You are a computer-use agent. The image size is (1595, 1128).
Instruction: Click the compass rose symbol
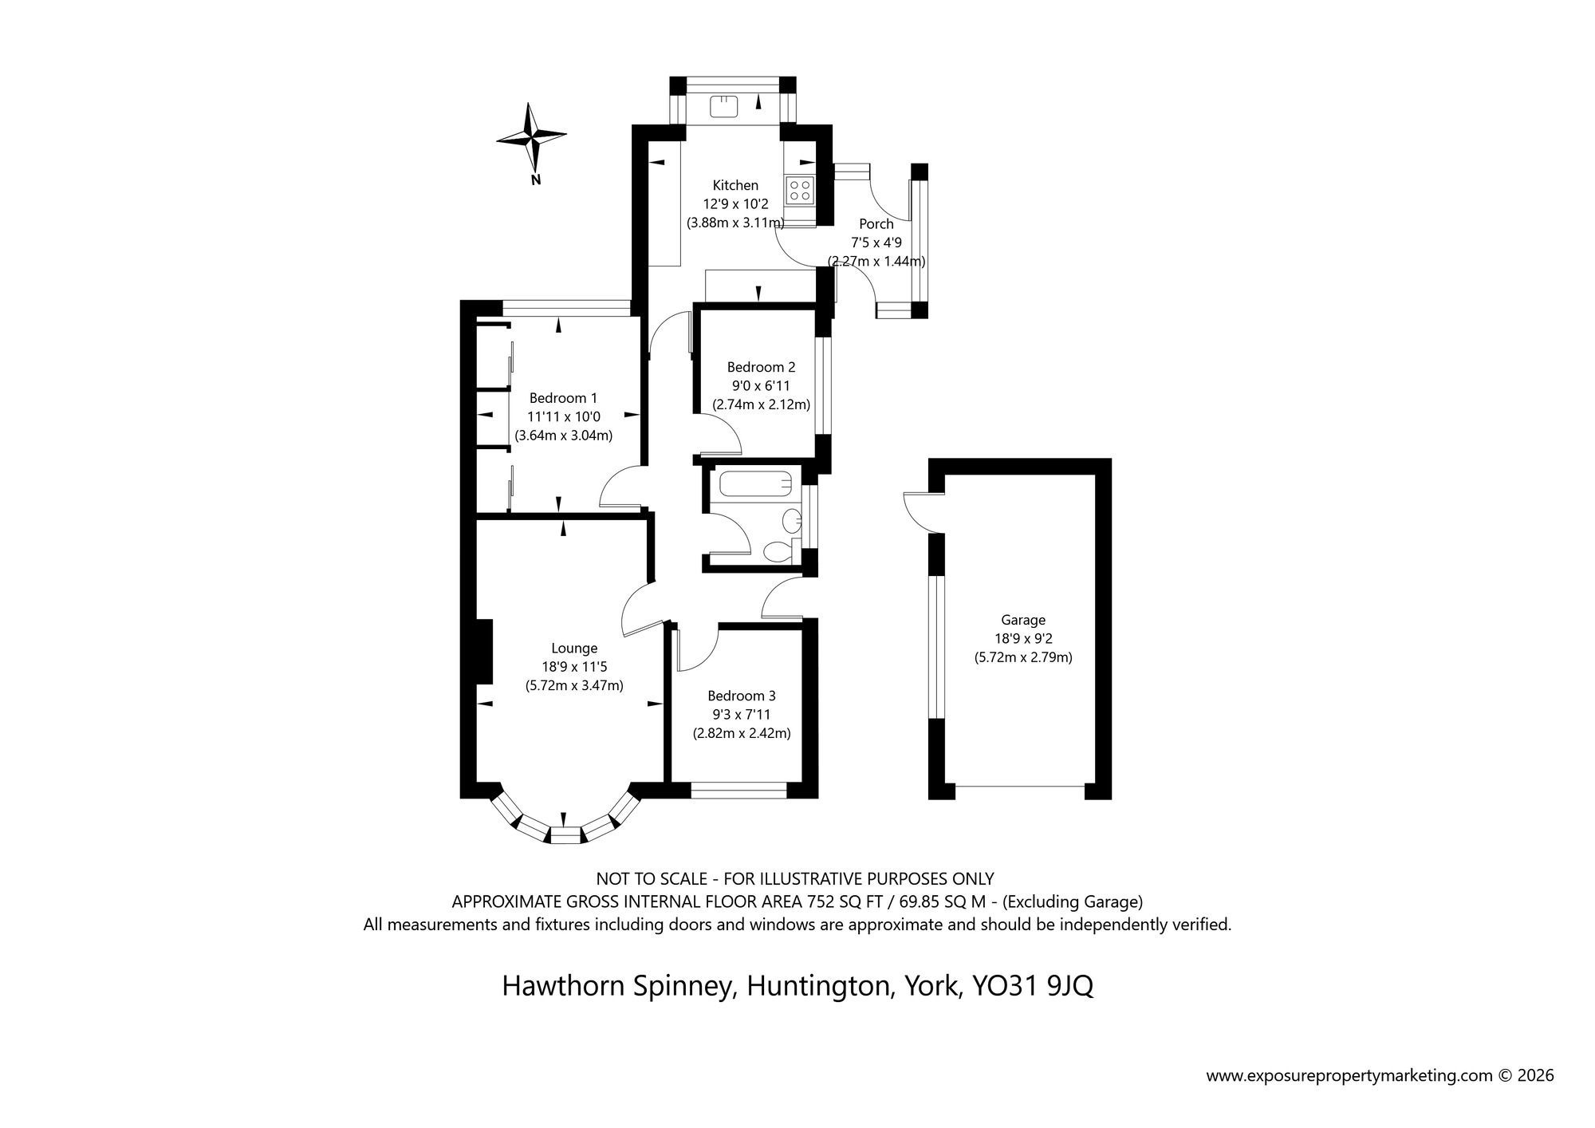click(530, 138)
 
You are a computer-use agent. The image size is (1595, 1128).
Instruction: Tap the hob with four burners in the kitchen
click(800, 190)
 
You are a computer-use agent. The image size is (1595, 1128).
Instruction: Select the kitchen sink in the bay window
click(724, 106)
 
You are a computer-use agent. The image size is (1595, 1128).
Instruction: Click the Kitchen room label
click(735, 185)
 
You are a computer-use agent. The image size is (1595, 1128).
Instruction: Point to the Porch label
click(876, 224)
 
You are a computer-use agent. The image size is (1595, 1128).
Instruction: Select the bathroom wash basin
click(792, 522)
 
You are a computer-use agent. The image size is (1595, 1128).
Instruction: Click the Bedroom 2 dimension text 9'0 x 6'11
click(761, 386)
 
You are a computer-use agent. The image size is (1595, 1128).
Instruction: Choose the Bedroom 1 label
click(563, 398)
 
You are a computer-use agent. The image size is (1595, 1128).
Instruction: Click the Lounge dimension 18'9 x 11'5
click(574, 667)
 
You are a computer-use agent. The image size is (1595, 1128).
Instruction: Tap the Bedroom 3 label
click(742, 696)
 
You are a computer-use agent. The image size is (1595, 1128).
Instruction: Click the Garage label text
click(1023, 620)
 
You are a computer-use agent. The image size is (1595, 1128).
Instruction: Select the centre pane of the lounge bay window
click(565, 835)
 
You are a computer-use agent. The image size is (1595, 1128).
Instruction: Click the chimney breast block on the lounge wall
click(483, 652)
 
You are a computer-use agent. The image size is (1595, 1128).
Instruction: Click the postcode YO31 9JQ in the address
click(1032, 987)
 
